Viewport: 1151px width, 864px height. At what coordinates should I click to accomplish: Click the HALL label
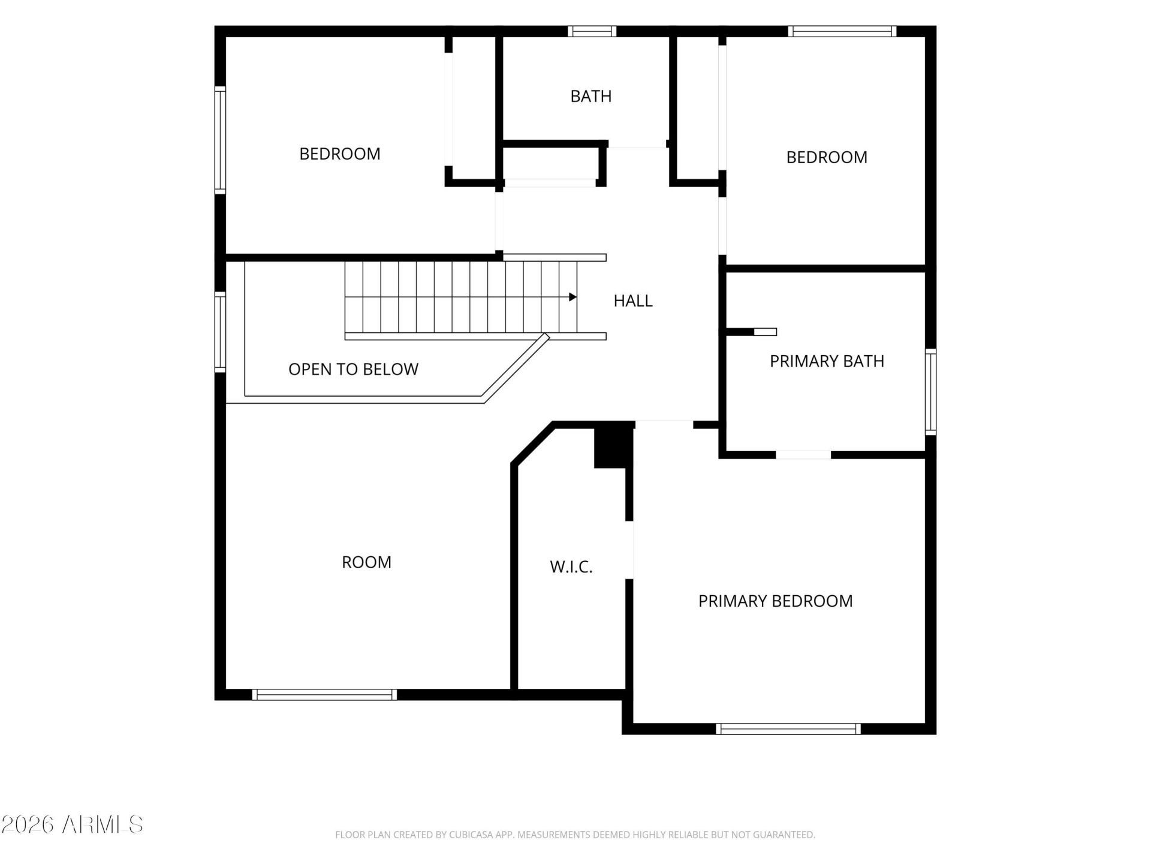633,301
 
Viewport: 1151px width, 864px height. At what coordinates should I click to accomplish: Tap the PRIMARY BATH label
827,361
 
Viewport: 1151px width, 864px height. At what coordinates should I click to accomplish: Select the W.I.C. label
571,567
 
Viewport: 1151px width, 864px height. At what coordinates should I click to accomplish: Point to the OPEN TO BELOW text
353,369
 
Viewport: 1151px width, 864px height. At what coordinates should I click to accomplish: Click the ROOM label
366,562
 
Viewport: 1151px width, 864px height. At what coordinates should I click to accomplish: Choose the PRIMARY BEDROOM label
775,601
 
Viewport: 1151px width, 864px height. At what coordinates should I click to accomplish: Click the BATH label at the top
591,96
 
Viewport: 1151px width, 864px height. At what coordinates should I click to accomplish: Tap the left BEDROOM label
340,154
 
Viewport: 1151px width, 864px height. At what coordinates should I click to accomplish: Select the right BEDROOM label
827,157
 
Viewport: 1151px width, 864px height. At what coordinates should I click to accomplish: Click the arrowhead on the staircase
573,297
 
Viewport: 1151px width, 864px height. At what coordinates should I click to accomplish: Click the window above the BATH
592,31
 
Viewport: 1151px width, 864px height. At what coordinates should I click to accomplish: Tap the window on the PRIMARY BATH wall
930,392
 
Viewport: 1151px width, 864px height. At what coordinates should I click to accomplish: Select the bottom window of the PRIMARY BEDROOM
788,729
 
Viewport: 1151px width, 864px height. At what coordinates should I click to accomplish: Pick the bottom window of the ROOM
324,695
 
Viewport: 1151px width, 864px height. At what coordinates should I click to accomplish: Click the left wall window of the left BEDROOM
221,140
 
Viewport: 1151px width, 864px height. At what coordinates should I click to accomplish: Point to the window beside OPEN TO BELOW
221,332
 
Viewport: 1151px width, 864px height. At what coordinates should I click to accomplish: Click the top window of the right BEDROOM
842,31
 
